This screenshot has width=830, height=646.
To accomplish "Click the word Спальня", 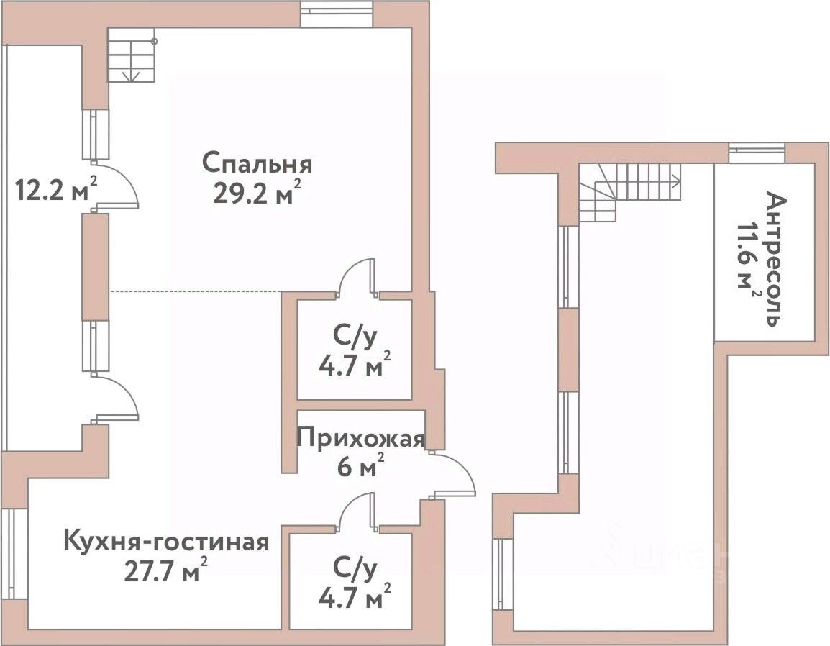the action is pos(257,163).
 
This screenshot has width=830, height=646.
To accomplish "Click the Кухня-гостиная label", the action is pos(167,541).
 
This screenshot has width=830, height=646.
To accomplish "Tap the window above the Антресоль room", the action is pos(757,152).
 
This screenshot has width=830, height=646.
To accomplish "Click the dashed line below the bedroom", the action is pos(194,291).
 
